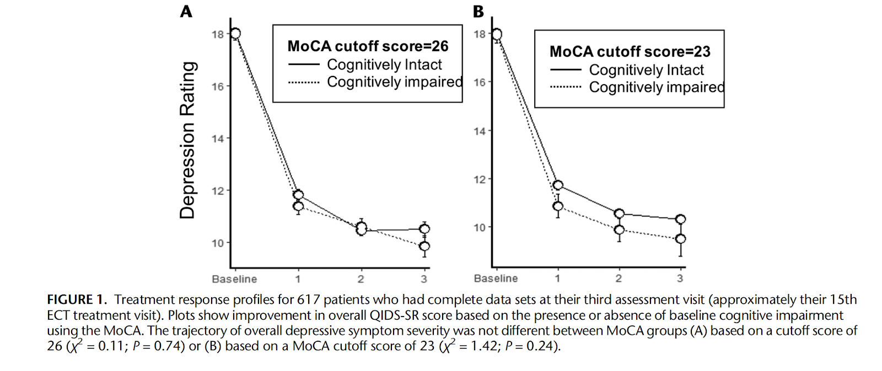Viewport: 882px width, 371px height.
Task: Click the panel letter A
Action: [x=186, y=12]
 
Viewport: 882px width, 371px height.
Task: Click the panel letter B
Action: [x=478, y=12]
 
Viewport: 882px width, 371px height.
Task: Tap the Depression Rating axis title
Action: [x=188, y=140]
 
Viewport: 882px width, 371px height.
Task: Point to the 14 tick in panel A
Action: [x=218, y=139]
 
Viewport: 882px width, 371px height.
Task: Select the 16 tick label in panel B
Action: [x=479, y=83]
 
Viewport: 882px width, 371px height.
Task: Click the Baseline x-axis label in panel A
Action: [x=234, y=279]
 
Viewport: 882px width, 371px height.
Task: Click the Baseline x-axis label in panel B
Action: [x=496, y=279]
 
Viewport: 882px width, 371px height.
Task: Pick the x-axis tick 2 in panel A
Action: [x=361, y=279]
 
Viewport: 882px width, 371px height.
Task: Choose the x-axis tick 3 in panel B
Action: [x=680, y=279]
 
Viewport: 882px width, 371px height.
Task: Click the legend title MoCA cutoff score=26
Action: [x=368, y=46]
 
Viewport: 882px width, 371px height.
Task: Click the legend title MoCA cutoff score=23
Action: [x=630, y=52]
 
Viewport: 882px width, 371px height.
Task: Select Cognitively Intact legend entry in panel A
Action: [x=384, y=65]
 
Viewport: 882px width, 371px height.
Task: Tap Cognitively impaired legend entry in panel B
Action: [x=657, y=88]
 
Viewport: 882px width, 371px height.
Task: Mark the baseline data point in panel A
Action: [x=235, y=34]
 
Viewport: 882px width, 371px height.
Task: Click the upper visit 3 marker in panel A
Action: [x=424, y=229]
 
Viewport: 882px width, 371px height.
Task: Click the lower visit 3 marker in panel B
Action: [x=680, y=239]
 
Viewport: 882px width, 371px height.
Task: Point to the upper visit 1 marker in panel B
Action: [x=558, y=185]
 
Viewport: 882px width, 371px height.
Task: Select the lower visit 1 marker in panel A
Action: [x=298, y=206]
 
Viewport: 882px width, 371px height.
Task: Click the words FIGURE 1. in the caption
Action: [x=77, y=300]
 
